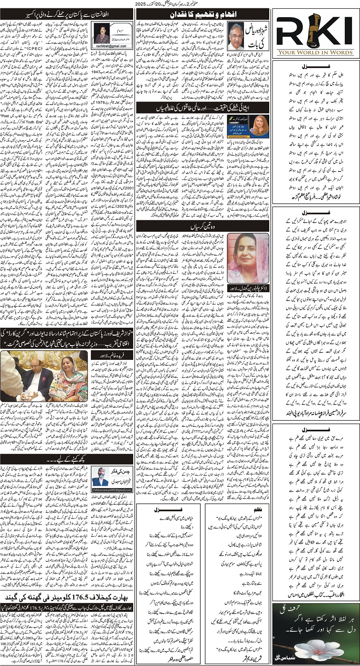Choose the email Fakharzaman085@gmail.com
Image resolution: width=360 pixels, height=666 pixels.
click(112, 489)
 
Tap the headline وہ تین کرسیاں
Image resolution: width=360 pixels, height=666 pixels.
click(202, 227)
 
